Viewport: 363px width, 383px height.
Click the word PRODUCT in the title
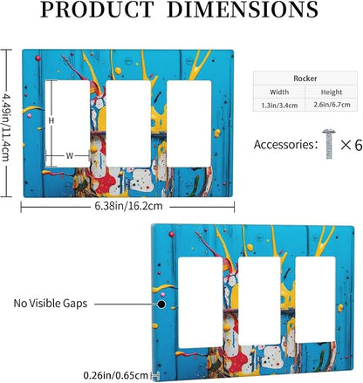point(98,10)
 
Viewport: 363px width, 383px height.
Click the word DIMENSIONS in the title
point(243,10)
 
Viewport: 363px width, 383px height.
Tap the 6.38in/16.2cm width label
point(128,206)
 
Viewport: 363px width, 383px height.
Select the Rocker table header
point(305,79)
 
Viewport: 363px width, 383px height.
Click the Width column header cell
point(279,92)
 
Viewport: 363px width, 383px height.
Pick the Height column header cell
point(332,92)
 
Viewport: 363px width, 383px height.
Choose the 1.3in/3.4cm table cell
point(279,106)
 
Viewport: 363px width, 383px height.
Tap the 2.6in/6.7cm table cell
point(332,105)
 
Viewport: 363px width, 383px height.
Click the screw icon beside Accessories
point(329,144)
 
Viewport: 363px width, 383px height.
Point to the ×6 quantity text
point(352,145)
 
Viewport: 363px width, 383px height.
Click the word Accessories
point(284,145)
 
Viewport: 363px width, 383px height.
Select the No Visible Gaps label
point(51,304)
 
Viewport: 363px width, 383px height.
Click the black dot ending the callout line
point(161,304)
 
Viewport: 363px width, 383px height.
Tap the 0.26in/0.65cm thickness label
point(116,375)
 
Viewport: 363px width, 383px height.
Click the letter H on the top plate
point(51,120)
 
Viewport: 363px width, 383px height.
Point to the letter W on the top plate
point(69,156)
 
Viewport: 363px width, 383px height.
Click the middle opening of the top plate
point(128,124)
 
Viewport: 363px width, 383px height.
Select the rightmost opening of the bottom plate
point(315,300)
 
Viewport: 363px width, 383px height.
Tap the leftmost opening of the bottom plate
point(200,303)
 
